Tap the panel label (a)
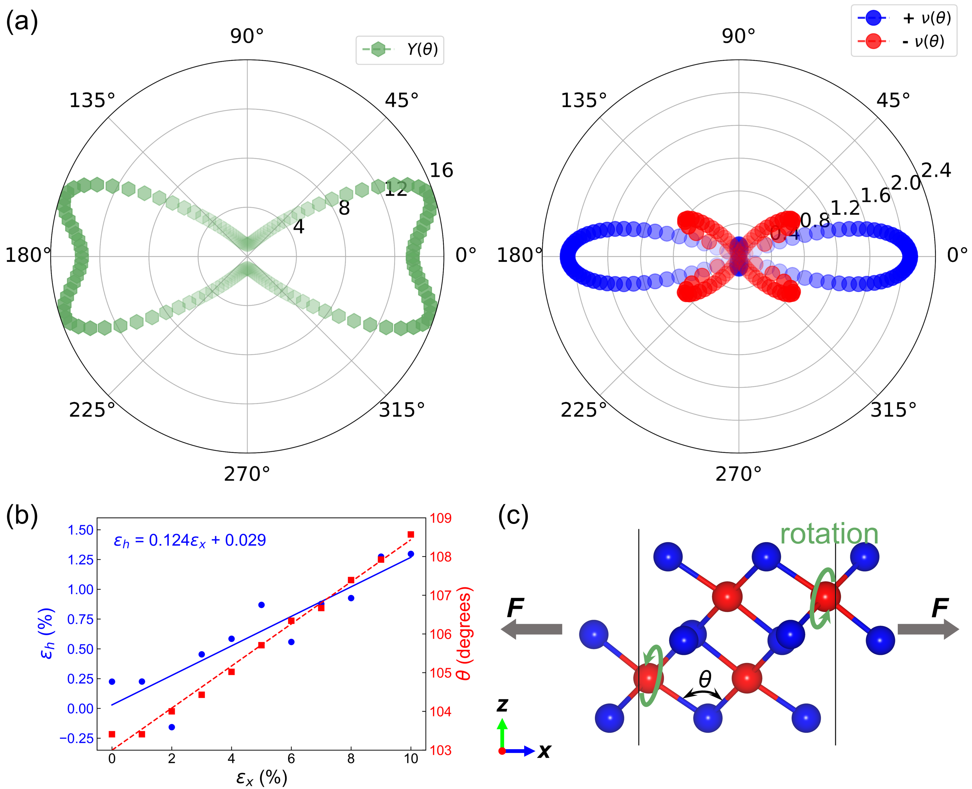click(21, 22)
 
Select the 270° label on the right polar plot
click(738, 474)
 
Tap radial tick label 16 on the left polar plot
click(441, 170)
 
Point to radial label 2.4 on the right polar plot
click(936, 170)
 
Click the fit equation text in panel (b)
click(190, 540)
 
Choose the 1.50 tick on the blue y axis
click(80, 530)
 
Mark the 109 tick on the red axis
click(440, 518)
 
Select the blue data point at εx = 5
click(261, 605)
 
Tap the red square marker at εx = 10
click(411, 535)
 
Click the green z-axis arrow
click(502, 731)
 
